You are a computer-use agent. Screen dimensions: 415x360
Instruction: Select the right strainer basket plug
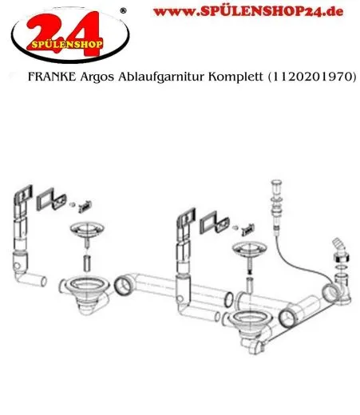point(248,249)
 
